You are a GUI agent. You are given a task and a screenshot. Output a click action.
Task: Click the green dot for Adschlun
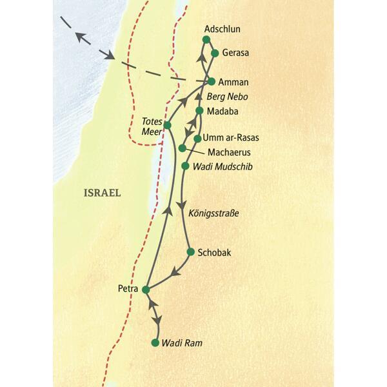click(x=206, y=40)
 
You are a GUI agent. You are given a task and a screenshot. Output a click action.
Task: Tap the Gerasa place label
click(x=235, y=54)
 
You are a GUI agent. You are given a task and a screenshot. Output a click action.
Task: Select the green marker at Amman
click(x=211, y=81)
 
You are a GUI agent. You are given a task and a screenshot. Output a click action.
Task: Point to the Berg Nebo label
click(x=228, y=97)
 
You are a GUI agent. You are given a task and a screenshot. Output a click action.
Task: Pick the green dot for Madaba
click(x=200, y=111)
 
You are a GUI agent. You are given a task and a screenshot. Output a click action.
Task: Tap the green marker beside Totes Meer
click(x=167, y=124)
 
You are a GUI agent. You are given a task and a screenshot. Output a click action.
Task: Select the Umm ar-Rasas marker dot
click(x=197, y=138)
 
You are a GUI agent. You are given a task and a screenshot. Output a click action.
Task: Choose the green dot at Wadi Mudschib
click(x=186, y=166)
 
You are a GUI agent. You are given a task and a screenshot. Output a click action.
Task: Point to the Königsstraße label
click(x=213, y=212)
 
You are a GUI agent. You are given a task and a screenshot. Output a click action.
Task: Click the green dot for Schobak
click(x=190, y=252)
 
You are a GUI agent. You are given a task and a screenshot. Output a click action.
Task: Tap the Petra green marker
click(x=146, y=289)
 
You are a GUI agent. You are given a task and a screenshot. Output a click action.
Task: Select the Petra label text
click(x=128, y=289)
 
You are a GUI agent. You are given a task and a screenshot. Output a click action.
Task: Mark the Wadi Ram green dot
click(x=155, y=342)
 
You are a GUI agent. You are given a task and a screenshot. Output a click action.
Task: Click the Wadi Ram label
click(x=182, y=343)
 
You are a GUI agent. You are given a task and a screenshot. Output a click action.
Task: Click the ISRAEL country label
click(x=103, y=192)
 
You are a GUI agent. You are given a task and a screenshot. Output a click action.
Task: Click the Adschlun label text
click(x=223, y=30)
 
